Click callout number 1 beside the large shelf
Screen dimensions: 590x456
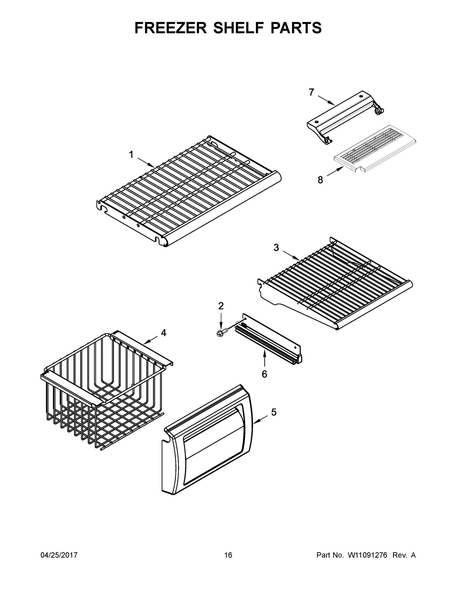(x=131, y=155)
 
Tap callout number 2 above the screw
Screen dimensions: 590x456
(x=221, y=306)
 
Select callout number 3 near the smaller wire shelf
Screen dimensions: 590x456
(x=276, y=248)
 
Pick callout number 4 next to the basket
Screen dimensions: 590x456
(x=164, y=333)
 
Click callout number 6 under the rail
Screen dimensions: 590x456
(x=264, y=374)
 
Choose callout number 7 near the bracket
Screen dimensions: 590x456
(x=311, y=92)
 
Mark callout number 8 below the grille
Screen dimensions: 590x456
(x=320, y=180)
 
